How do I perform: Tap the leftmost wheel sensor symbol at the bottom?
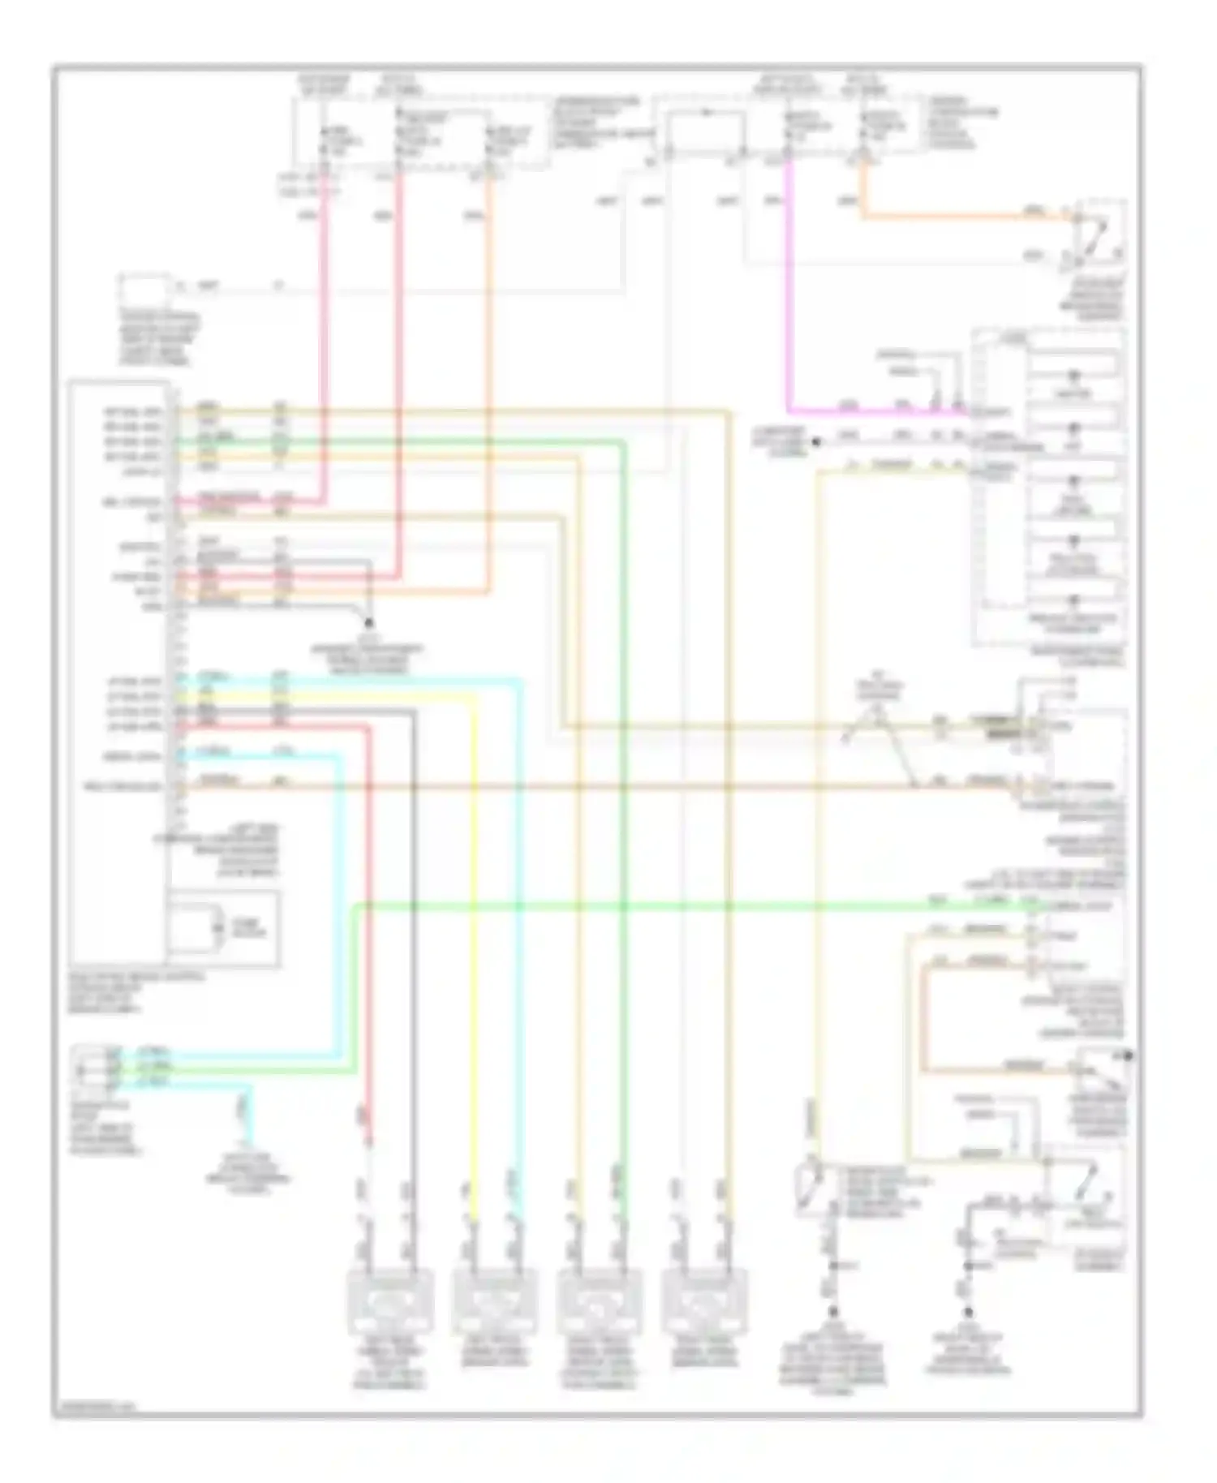[390, 1304]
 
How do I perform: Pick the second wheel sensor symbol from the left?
[494, 1304]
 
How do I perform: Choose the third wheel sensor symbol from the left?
[599, 1304]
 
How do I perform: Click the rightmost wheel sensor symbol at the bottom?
[702, 1304]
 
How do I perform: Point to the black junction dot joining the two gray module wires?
[369, 623]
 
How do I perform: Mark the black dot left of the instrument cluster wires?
[816, 443]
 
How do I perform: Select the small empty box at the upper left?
[144, 288]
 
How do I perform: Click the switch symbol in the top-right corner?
[1099, 236]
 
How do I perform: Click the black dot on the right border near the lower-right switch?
[1129, 1056]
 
